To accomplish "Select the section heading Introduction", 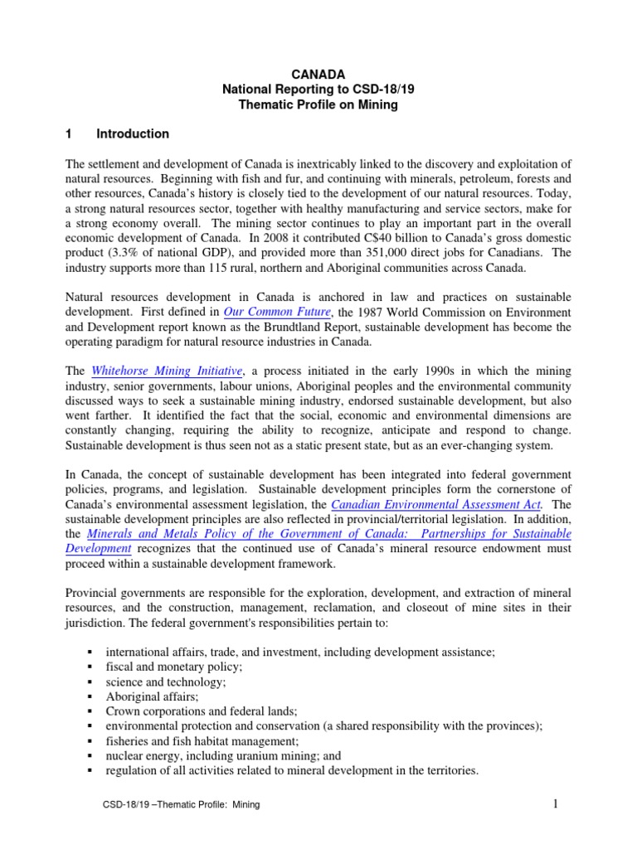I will (x=133, y=133).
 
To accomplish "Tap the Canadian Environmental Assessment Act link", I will (x=436, y=504).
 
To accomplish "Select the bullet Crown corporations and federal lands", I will (x=202, y=711).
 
